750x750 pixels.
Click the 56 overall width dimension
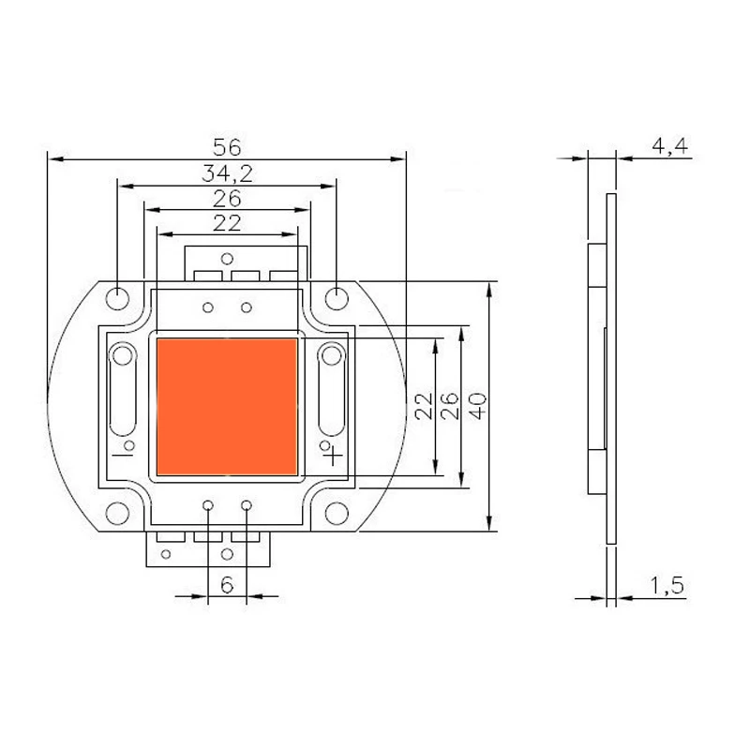click(227, 147)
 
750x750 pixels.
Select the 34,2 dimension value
click(227, 172)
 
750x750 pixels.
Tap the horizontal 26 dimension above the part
click(227, 198)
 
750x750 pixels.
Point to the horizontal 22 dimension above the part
click(227, 223)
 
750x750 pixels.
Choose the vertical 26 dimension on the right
click(450, 406)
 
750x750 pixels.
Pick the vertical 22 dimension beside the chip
click(424, 406)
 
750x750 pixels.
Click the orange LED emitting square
click(226, 406)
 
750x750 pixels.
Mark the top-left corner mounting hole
click(117, 297)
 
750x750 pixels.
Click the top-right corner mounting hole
click(336, 297)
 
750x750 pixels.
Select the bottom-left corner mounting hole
click(117, 515)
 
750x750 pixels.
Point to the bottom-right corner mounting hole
click(336, 515)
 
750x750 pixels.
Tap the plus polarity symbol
click(332, 457)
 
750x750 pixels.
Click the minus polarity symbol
click(120, 457)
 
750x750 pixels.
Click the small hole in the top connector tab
click(226, 258)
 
